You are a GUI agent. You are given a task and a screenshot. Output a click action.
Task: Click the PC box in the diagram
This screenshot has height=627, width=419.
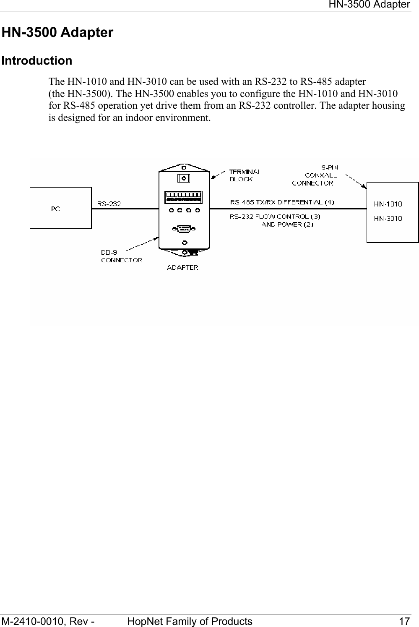[x=60, y=208]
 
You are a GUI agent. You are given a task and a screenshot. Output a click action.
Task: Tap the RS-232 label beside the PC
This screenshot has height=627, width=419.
[x=109, y=204]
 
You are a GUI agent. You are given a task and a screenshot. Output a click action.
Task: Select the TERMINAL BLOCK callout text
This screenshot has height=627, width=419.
[x=245, y=175]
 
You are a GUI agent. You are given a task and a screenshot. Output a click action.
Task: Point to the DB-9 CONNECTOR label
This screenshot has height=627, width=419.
[x=121, y=256]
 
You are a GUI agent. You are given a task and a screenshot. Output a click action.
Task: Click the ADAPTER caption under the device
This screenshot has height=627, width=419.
[x=182, y=267]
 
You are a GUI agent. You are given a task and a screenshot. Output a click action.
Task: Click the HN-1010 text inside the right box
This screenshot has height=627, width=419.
[x=388, y=204]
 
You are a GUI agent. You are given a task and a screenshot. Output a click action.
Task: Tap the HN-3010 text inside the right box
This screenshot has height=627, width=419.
[x=388, y=218]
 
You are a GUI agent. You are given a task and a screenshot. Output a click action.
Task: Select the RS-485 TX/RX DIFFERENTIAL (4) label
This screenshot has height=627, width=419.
[x=282, y=202]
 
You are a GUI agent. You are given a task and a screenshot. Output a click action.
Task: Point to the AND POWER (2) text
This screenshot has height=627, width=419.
[x=287, y=225]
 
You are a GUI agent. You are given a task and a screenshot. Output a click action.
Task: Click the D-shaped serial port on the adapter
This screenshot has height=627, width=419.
[x=183, y=229]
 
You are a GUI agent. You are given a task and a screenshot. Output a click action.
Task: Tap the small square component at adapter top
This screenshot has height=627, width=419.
[x=183, y=178]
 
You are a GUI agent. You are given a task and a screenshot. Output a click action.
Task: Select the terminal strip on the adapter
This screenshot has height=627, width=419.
[x=183, y=197]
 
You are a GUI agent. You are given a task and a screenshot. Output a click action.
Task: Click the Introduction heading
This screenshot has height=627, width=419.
[x=37, y=60]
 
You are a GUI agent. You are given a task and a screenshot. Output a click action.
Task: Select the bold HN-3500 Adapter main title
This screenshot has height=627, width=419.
[x=57, y=32]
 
